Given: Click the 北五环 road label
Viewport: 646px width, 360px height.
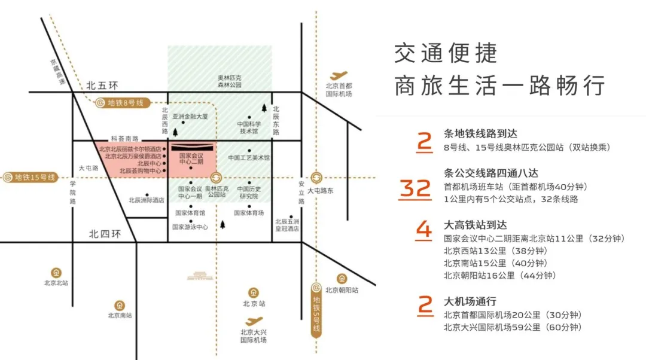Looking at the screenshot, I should pyautogui.click(x=104, y=85).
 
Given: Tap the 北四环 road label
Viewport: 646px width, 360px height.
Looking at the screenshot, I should pyautogui.click(x=105, y=234).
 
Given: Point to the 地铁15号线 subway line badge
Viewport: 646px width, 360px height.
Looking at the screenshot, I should pyautogui.click(x=29, y=177).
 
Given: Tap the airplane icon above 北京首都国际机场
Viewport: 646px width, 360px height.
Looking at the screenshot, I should pyautogui.click(x=339, y=76).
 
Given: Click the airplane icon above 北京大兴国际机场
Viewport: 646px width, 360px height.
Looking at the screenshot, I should pyautogui.click(x=254, y=321).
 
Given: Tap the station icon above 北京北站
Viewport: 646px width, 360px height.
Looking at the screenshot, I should pyautogui.click(x=56, y=272).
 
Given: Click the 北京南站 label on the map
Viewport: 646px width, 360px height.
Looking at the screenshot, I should pyautogui.click(x=120, y=315).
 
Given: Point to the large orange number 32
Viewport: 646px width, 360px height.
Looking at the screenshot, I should pyautogui.click(x=415, y=189).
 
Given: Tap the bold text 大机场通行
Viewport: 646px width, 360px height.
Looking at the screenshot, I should pyautogui.click(x=470, y=302).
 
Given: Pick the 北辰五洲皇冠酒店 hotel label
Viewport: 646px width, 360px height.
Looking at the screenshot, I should pyautogui.click(x=288, y=224).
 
